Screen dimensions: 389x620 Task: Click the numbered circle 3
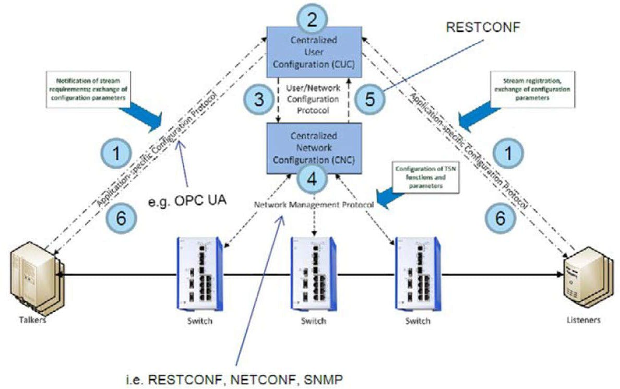click(259, 99)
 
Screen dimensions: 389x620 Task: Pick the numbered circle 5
click(369, 99)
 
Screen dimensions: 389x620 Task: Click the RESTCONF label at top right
click(483, 28)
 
